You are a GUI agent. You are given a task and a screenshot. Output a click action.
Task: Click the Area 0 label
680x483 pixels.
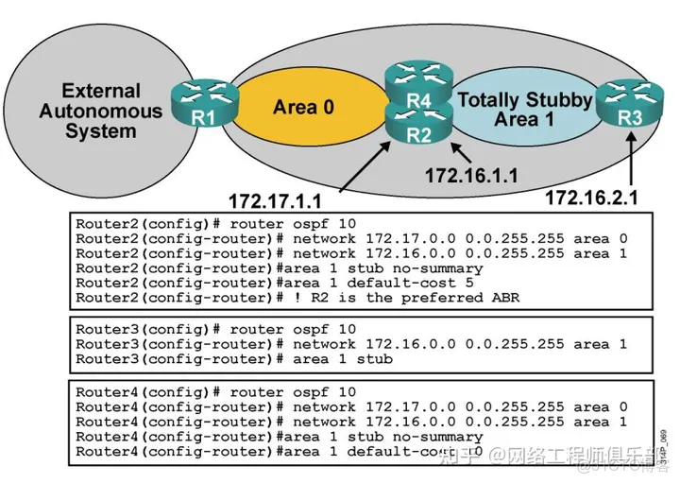(x=303, y=108)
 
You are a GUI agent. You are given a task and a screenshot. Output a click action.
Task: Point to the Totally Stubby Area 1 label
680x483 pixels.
(x=524, y=109)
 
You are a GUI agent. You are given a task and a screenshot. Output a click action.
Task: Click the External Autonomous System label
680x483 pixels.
(x=100, y=111)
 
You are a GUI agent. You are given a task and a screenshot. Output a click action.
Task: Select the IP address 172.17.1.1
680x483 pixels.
(x=282, y=200)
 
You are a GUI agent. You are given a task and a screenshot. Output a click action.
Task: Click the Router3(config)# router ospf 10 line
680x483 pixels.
(x=216, y=329)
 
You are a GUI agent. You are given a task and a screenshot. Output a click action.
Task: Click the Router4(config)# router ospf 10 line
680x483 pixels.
(x=216, y=391)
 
